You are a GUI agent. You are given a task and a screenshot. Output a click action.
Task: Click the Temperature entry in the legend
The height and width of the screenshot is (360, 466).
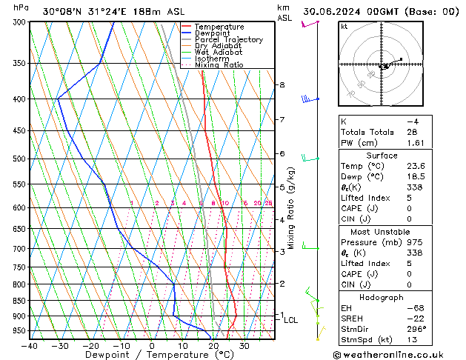(219, 27)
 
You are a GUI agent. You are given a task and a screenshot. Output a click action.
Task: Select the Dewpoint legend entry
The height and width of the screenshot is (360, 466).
(213, 33)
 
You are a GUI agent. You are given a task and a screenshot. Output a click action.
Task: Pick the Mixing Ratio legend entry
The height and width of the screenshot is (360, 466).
(219, 65)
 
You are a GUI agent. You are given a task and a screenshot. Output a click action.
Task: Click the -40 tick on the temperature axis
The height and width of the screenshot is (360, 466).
(30, 346)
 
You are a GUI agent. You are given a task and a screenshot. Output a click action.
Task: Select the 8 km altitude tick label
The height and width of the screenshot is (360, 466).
(282, 85)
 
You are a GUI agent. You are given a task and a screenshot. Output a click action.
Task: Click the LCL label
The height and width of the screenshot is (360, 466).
(291, 320)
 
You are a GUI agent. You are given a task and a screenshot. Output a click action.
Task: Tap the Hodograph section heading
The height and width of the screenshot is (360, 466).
(382, 297)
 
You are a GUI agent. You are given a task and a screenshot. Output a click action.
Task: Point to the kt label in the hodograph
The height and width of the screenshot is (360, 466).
(344, 26)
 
